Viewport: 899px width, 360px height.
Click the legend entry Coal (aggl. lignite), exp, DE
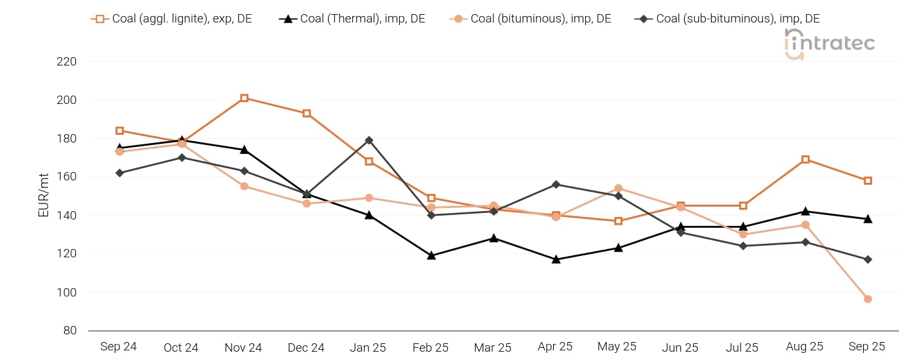coord(171,19)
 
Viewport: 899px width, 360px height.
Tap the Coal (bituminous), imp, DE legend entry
coord(531,19)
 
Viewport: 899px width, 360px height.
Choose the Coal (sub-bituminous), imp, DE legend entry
coord(728,19)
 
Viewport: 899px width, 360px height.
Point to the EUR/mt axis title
coord(44,196)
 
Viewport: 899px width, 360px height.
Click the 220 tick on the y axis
coord(67,62)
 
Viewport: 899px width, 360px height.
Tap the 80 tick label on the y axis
coord(69,330)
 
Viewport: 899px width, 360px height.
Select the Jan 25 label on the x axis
coord(368,347)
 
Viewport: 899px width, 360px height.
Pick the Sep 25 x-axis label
coord(867,347)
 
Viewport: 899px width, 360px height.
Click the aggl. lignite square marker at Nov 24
coord(244,98)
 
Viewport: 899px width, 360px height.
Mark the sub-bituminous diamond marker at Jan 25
coord(369,141)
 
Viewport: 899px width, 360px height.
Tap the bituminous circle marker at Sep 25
coord(868,299)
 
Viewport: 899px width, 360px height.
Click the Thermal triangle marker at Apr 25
coord(556,259)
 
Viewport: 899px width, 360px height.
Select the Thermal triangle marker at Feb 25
coord(431,255)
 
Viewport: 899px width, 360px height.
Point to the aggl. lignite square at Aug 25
coord(805,160)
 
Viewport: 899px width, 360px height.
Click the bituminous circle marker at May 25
coord(618,189)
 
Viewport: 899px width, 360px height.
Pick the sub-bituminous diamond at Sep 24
coord(119,173)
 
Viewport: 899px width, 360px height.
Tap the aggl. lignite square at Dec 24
coord(307,114)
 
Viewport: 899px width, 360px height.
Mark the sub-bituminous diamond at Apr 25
coord(556,185)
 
